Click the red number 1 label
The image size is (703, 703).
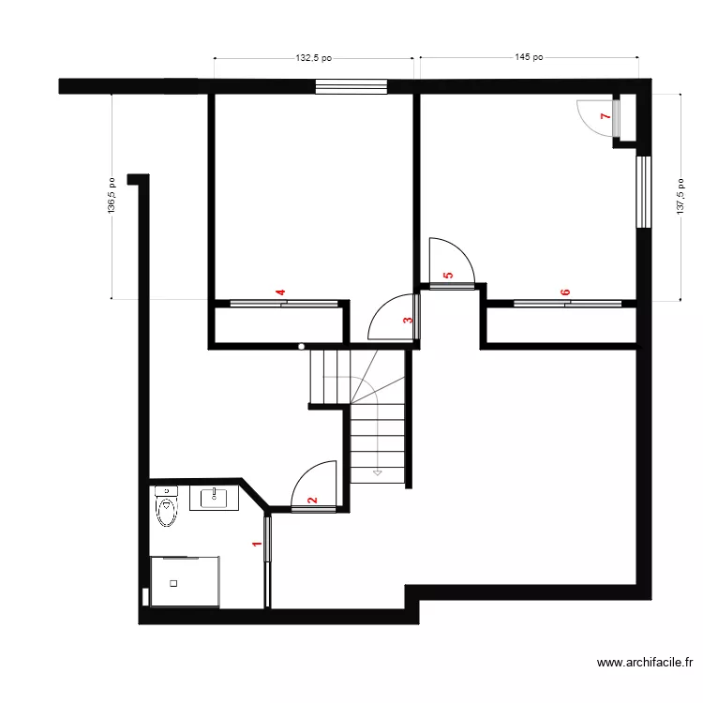coord(256,543)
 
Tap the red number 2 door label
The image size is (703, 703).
coord(313,501)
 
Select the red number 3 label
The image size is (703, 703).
coord(407,321)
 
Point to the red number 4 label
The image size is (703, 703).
coord(280,293)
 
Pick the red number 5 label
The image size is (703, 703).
coord(448,276)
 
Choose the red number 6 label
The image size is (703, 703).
coord(565,293)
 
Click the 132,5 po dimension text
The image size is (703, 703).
coord(314,58)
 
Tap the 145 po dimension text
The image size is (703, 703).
coord(529,57)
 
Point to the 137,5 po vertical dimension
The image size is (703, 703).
coord(681,197)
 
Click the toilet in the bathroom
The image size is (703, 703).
coord(166,507)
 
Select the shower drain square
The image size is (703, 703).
coord(173,583)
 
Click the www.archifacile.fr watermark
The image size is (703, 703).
coord(644,664)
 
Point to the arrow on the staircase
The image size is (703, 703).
coord(377,472)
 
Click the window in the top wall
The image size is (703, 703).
coord(351,87)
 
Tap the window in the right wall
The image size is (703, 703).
coord(643,192)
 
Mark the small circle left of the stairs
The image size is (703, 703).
coord(302,347)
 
